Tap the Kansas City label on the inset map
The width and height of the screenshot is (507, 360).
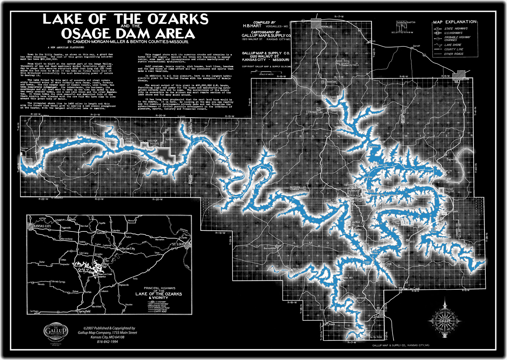click(42, 226)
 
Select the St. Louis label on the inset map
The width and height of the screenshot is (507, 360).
click(179, 244)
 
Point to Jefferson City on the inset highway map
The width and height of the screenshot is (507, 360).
click(127, 248)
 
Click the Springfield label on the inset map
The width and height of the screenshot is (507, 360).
click(84, 311)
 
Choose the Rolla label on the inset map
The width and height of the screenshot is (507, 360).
click(135, 279)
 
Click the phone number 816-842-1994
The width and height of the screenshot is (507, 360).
click(107, 342)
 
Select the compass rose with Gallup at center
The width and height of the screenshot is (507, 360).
click(445, 320)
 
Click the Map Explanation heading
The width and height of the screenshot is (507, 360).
click(454, 22)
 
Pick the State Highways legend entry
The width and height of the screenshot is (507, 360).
click(456, 28)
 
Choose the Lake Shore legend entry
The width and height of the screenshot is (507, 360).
click(452, 45)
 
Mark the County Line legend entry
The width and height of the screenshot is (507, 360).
click(453, 49)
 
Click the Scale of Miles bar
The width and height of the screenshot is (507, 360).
click(266, 72)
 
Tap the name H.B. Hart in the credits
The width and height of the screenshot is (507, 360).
click(252, 26)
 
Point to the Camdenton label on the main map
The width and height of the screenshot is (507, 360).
click(378, 317)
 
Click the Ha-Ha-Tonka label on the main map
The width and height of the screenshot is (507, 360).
click(376, 337)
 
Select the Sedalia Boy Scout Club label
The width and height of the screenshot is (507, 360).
click(406, 22)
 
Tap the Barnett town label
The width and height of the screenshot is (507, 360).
click(416, 46)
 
